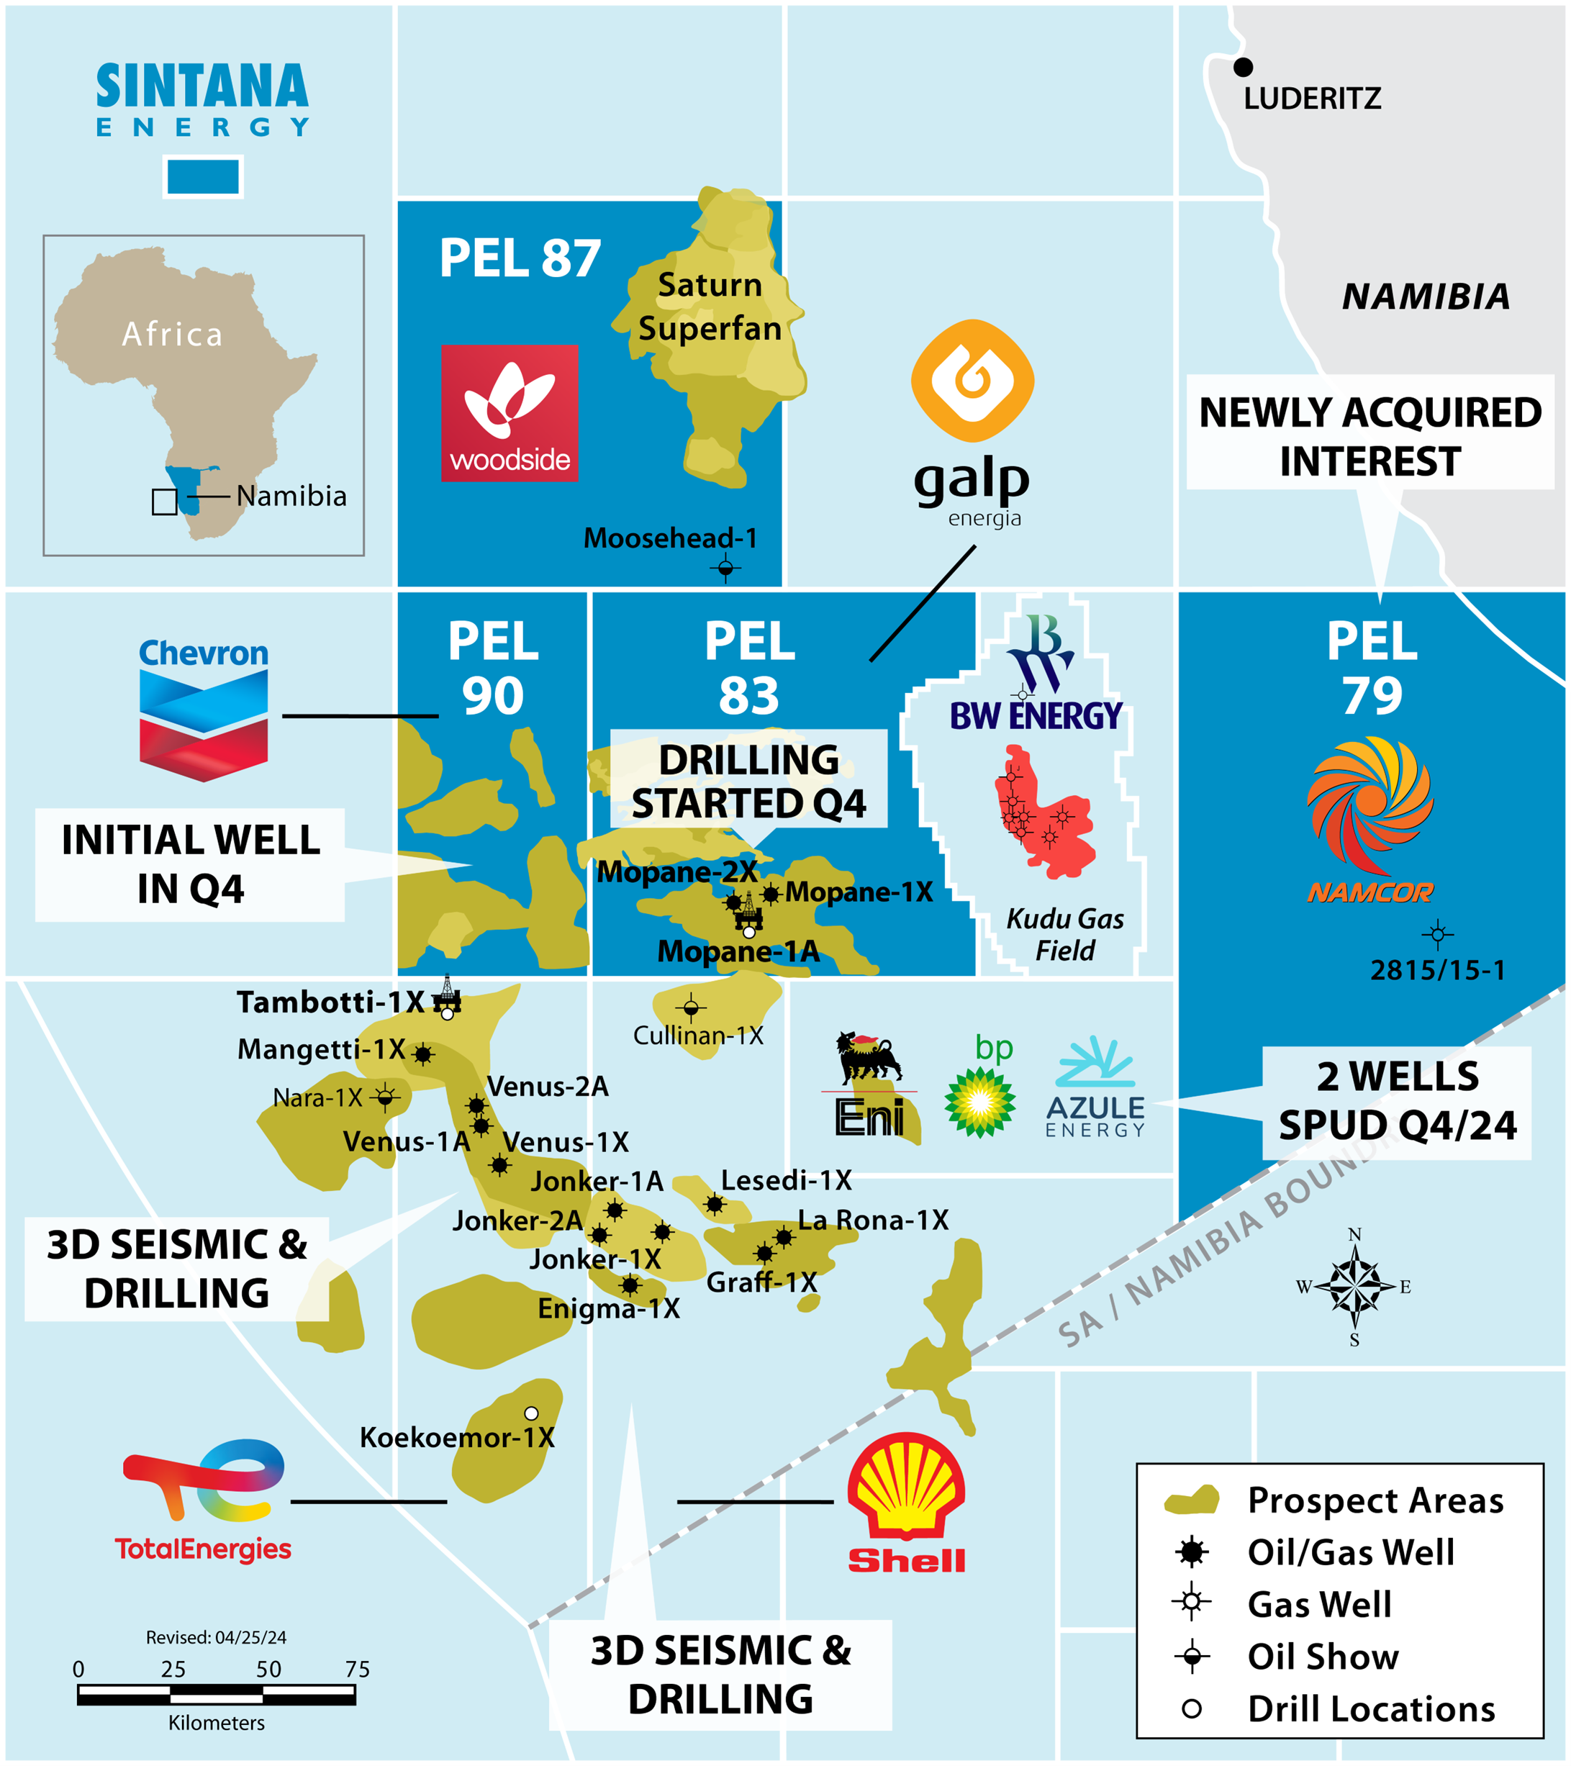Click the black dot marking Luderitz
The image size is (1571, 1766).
click(x=1243, y=66)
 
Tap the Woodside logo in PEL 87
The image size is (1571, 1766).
click(x=509, y=413)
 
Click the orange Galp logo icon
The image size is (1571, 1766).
click(x=972, y=381)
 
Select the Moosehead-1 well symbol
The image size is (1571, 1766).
click(x=726, y=568)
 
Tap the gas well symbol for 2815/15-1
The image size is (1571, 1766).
click(x=1438, y=934)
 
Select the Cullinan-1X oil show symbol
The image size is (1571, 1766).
click(x=690, y=1007)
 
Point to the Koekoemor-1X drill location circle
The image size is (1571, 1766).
click(x=531, y=1413)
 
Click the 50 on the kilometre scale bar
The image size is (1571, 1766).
click(x=268, y=1670)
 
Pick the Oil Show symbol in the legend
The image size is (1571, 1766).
click(x=1192, y=1657)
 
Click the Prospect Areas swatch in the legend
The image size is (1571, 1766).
click(x=1192, y=1500)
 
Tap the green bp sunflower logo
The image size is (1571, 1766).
click(x=979, y=1102)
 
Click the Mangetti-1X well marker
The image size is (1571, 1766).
click(x=422, y=1054)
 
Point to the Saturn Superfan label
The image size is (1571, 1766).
click(x=710, y=307)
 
